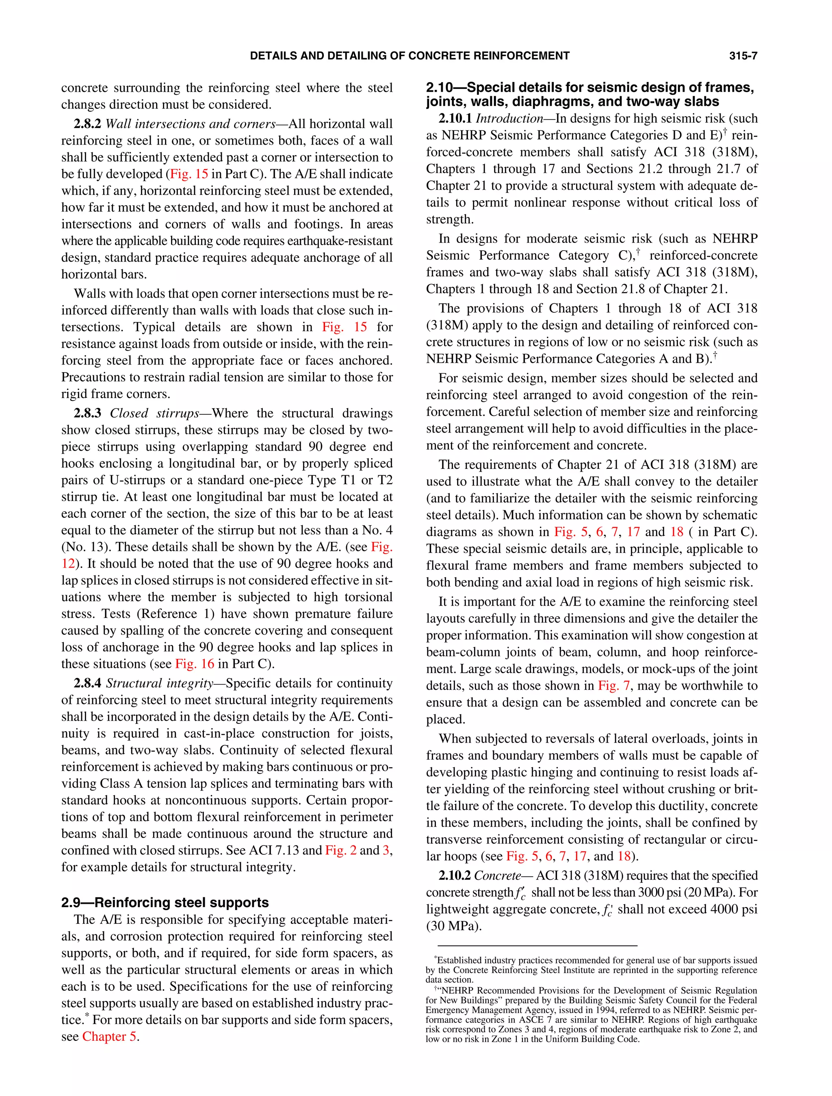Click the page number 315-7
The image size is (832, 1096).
click(742, 56)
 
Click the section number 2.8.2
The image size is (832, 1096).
click(87, 124)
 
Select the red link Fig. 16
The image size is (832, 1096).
click(194, 664)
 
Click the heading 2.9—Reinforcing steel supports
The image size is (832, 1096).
click(165, 902)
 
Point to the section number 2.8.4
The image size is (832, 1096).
click(87, 683)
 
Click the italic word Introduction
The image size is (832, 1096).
click(509, 119)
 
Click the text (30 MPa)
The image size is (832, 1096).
click(453, 926)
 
